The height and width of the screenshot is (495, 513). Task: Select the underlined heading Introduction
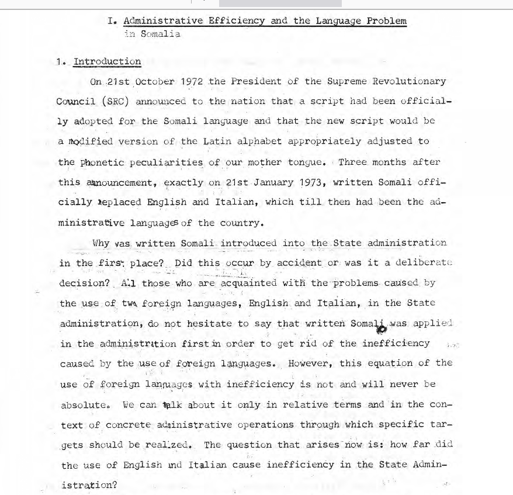[x=107, y=61]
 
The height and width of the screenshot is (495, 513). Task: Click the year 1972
[x=192, y=81]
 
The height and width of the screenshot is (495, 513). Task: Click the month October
[x=154, y=81]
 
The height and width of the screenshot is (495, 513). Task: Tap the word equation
[x=396, y=363]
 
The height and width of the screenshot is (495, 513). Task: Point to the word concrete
[x=129, y=425]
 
